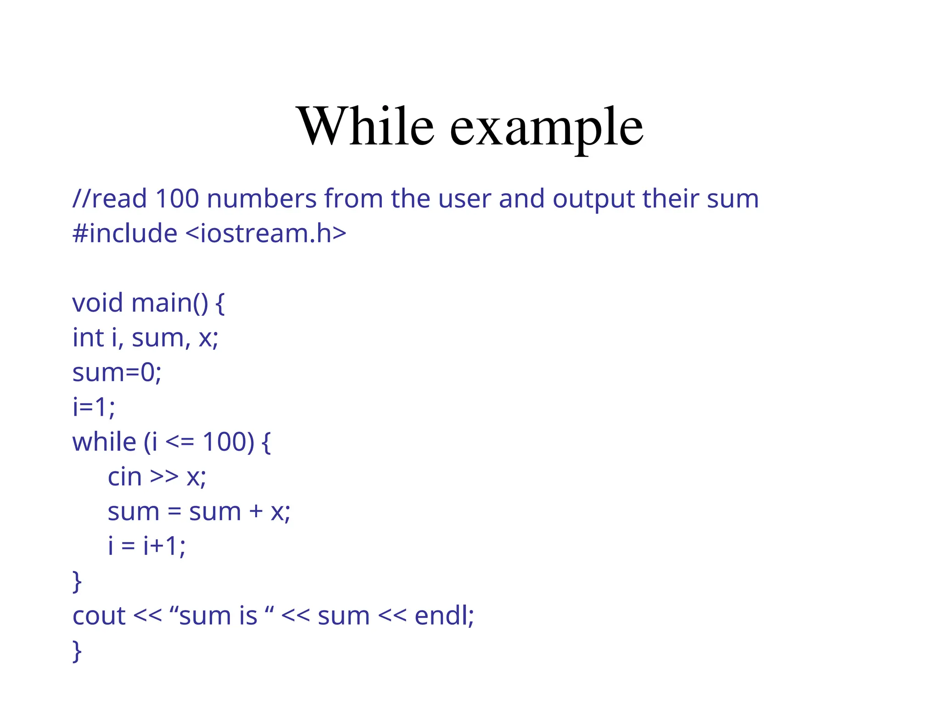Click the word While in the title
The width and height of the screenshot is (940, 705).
point(366,126)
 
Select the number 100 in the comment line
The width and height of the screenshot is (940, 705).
point(177,199)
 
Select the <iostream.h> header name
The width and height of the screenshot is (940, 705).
point(266,233)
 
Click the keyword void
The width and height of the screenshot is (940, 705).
point(97,303)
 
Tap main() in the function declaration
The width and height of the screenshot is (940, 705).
point(170,303)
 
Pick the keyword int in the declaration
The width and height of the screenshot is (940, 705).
point(88,338)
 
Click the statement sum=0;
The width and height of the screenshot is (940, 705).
point(117,373)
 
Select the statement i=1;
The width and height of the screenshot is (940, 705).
point(94,407)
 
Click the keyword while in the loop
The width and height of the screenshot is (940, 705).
point(104,442)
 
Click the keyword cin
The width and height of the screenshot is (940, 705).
point(124,477)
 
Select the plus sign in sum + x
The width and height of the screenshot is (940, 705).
point(256,512)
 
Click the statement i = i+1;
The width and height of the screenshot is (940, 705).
point(146,546)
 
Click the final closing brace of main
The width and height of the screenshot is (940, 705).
point(77,651)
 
